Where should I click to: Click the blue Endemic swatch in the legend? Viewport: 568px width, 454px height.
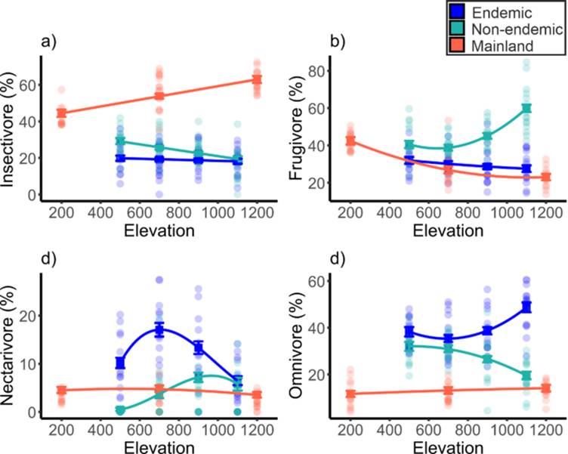point(455,12)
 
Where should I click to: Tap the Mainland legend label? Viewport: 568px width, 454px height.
point(507,47)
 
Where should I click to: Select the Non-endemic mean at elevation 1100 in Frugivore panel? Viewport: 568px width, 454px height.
point(526,108)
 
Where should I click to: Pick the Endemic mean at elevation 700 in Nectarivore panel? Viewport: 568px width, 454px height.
point(159,329)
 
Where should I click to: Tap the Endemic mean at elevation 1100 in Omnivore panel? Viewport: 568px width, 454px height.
point(526,307)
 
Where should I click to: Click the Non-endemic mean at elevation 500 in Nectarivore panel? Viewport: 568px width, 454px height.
point(120,410)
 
